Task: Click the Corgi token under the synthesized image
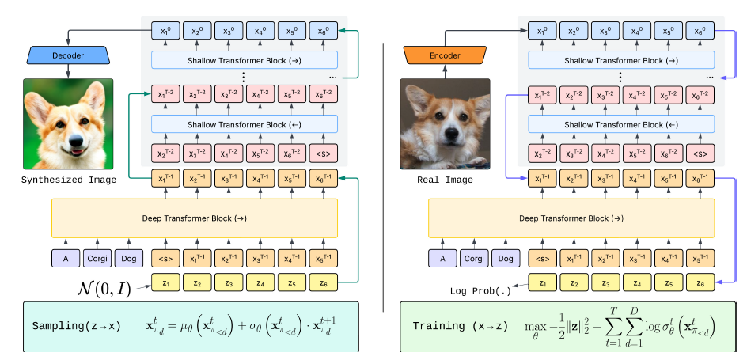point(97,258)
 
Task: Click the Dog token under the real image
point(503,258)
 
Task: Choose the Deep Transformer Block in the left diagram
point(194,218)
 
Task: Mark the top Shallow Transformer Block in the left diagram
point(245,60)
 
